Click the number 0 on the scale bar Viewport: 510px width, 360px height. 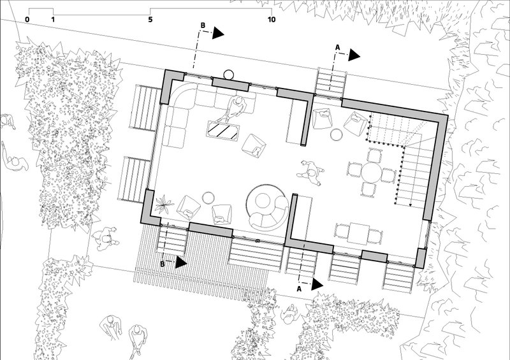pos(27,20)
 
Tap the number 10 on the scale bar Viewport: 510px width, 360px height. pos(272,20)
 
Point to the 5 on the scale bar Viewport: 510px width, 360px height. pos(150,20)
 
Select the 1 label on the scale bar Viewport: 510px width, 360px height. pos(53,20)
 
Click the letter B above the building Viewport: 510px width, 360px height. pos(203,25)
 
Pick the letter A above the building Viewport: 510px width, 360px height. pos(338,48)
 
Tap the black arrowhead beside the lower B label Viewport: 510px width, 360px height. pos(181,263)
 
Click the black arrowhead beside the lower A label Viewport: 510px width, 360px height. pos(317,284)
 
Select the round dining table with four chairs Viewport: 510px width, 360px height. pos(372,173)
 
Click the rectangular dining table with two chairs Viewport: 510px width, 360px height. pos(359,233)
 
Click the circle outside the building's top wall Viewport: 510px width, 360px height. pos(228,75)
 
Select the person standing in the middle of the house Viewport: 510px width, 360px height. pos(311,173)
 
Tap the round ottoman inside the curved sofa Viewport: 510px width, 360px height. pos(263,201)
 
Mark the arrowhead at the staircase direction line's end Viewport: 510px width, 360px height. pos(411,205)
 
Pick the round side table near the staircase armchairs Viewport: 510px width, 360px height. pos(337,134)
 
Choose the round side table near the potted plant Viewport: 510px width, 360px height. pos(208,198)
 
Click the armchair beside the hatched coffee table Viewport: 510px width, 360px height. pos(254,146)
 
